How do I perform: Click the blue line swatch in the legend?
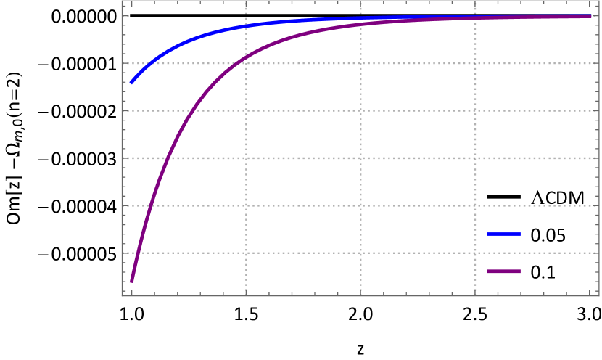click(x=503, y=234)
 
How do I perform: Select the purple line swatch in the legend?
click(x=503, y=271)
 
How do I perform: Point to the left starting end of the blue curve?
click(x=131, y=83)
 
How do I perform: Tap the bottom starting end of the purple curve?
click(x=131, y=281)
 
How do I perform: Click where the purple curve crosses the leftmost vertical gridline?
click(x=246, y=56)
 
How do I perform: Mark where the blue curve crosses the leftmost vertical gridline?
click(x=246, y=25)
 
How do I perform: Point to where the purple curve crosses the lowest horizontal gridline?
click(x=140, y=253)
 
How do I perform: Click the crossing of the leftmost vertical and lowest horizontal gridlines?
click(x=246, y=253)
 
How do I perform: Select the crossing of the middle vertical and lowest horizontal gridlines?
click(x=360, y=253)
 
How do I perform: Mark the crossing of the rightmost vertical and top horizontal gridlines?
click(x=474, y=63)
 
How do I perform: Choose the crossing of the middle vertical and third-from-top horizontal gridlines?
click(x=360, y=157)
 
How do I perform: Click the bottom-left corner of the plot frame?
click(x=122, y=296)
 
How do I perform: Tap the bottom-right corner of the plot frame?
click(x=601, y=296)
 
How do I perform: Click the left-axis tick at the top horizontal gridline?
click(x=124, y=63)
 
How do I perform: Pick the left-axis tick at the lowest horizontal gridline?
click(x=124, y=253)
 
